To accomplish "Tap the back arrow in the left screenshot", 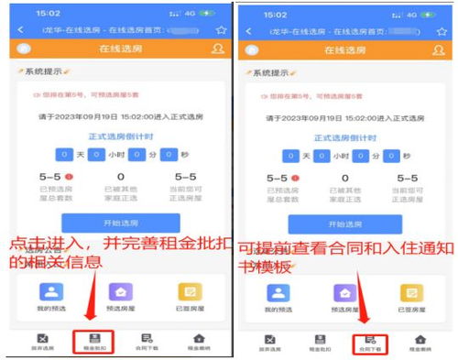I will (x=21, y=30).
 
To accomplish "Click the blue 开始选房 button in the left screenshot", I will (x=120, y=223).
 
